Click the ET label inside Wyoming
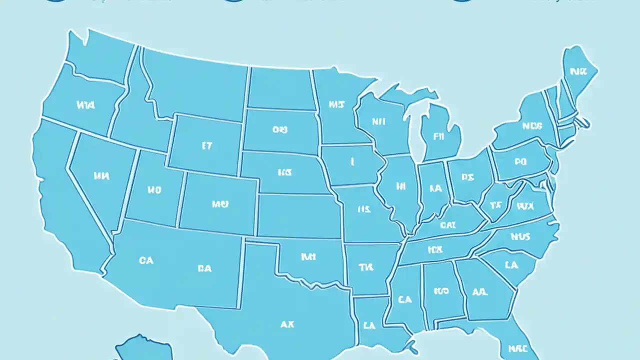coord(207,146)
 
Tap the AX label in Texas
coord(287,324)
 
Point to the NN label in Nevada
coord(101,175)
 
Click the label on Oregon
coord(86,105)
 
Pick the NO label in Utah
coord(154,190)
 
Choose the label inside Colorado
coord(220,204)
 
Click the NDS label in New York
coord(531,126)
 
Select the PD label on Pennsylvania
coord(520,161)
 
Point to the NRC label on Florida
coord(517,348)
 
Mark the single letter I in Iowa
coord(352,161)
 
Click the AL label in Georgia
coord(480,291)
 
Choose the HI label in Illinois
coord(400,186)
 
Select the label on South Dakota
coord(280,129)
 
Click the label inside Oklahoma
coord(308,256)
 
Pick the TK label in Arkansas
coord(366,267)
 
